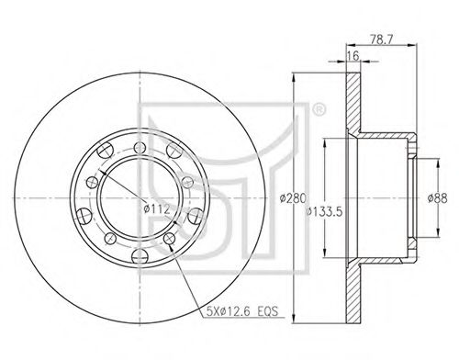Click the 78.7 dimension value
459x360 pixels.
click(381, 39)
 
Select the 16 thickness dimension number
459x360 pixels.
click(353, 56)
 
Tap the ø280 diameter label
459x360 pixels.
click(293, 198)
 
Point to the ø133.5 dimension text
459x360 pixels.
click(324, 211)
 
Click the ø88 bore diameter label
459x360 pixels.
click(437, 198)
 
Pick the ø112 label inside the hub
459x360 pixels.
click(157, 209)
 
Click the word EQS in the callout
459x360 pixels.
click(267, 311)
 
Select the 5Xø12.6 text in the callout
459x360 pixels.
click(229, 311)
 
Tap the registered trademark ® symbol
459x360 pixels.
click(319, 110)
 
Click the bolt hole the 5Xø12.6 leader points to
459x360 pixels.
click(169, 239)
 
